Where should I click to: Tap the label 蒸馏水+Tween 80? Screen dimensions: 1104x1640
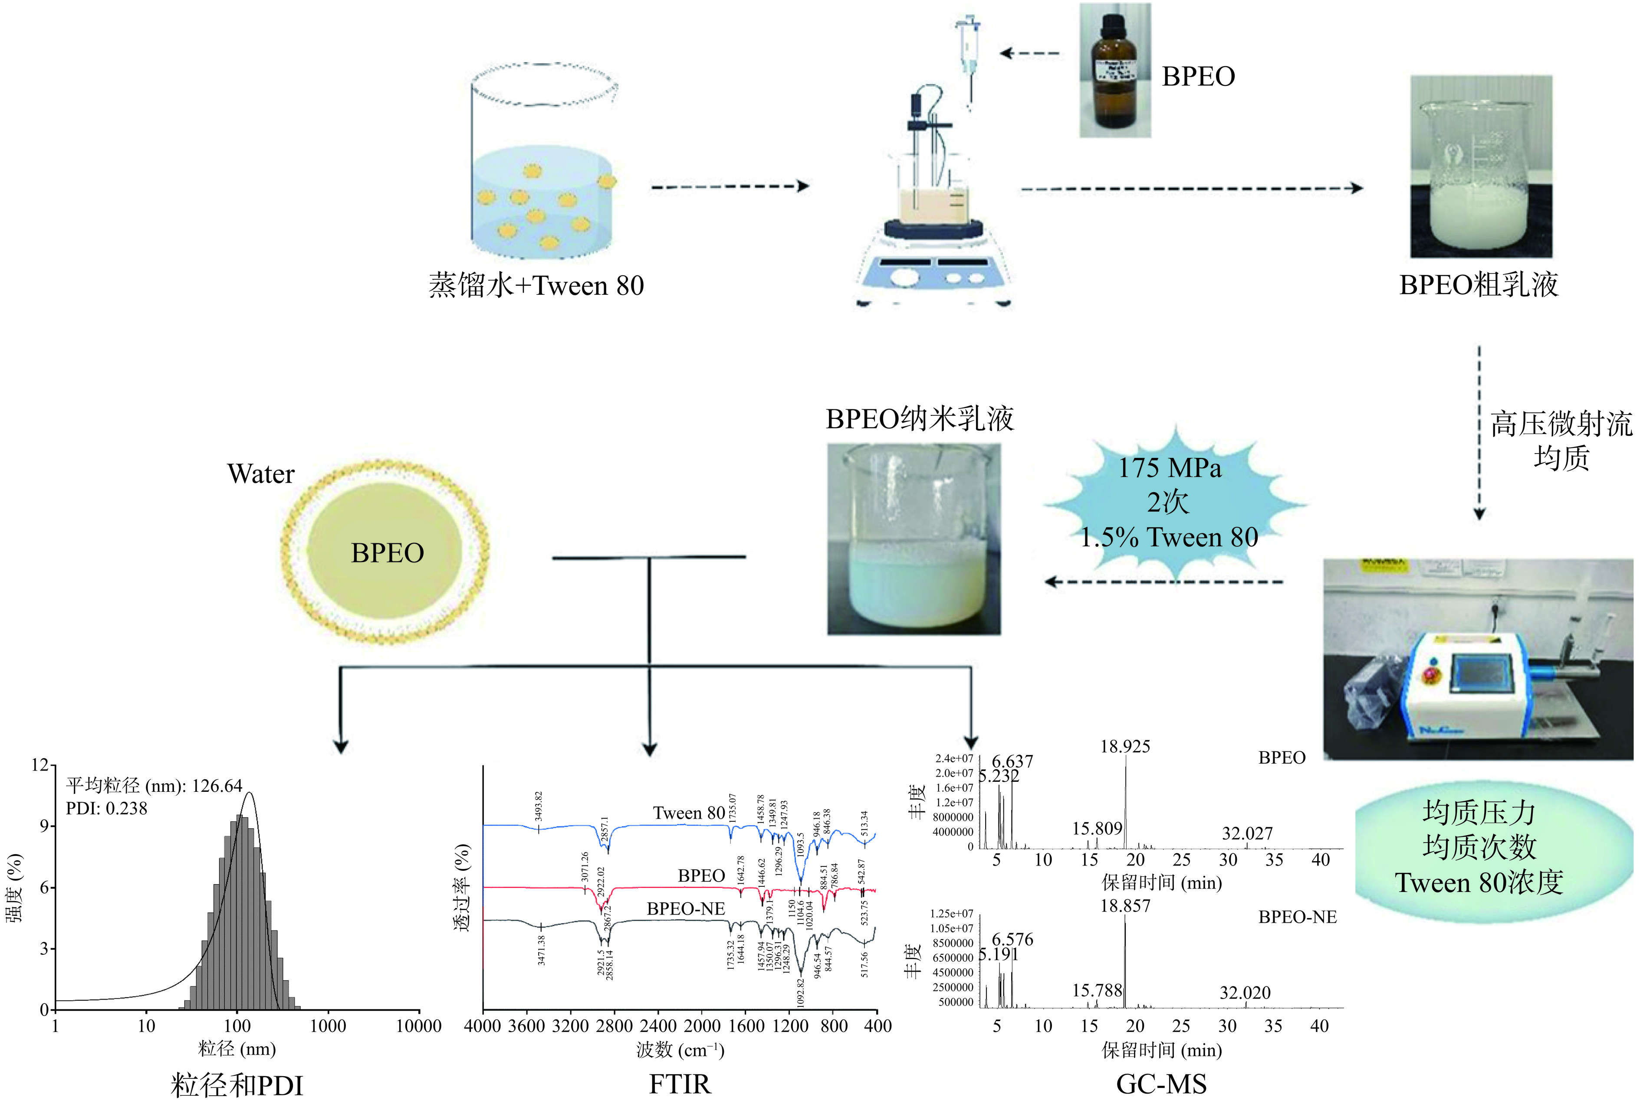[536, 286]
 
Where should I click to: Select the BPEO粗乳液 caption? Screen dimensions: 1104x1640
[1478, 285]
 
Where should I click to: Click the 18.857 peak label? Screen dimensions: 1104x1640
[1125, 906]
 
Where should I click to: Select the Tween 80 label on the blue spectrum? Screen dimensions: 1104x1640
[688, 813]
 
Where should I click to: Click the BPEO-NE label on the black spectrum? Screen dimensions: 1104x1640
[685, 909]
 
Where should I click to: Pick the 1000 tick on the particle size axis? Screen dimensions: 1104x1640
[328, 1026]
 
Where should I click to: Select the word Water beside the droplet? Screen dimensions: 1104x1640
[261, 474]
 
